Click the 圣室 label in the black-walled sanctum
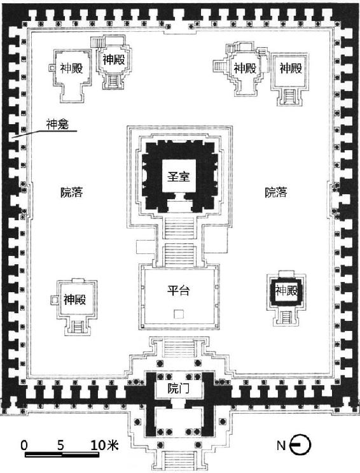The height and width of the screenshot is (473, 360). pos(179,176)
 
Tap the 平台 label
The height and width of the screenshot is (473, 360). pos(179,290)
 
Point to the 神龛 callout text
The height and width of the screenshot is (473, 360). pos(57,124)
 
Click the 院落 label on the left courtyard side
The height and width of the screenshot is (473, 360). pos(72,192)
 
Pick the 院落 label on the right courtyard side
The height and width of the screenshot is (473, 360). pos(276,192)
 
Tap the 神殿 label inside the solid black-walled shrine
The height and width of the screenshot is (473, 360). pos(286,290)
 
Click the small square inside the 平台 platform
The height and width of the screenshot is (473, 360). pos(179,314)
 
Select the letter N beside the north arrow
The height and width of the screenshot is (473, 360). pos(281,445)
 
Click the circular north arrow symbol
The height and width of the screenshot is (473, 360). pos(300,445)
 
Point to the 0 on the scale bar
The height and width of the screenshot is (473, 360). pos(24,445)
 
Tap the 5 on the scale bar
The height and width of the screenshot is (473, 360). pos(60,445)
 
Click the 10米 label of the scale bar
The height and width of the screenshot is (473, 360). pos(104,445)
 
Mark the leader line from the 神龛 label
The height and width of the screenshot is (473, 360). pos(45,134)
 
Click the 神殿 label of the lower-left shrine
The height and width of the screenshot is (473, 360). pos(75,300)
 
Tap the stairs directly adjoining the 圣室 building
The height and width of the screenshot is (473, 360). pos(180,228)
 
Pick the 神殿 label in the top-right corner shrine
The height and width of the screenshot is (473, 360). pos(291,68)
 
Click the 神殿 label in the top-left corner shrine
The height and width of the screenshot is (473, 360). pos(71,68)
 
